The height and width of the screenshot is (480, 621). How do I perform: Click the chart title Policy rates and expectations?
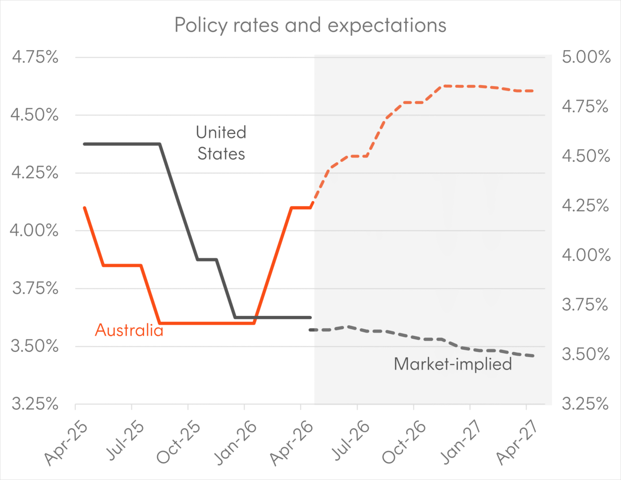coord(310,25)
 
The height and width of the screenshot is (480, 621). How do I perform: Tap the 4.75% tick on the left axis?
coord(35,57)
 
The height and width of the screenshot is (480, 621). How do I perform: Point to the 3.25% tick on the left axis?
coord(35,404)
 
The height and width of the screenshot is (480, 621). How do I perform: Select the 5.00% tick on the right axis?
coord(586,57)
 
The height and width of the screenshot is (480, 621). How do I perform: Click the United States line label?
coord(221,143)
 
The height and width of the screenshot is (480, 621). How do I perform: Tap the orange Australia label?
coord(129,330)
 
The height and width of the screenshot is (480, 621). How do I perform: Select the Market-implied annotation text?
coord(453,364)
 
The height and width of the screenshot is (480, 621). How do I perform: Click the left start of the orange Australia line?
coord(85,208)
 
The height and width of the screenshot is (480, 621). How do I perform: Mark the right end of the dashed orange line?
coord(532,91)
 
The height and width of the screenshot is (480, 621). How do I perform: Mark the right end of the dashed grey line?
coord(532,356)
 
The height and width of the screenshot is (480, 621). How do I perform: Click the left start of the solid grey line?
coord(85,144)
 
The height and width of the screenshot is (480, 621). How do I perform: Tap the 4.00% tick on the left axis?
coord(35,231)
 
